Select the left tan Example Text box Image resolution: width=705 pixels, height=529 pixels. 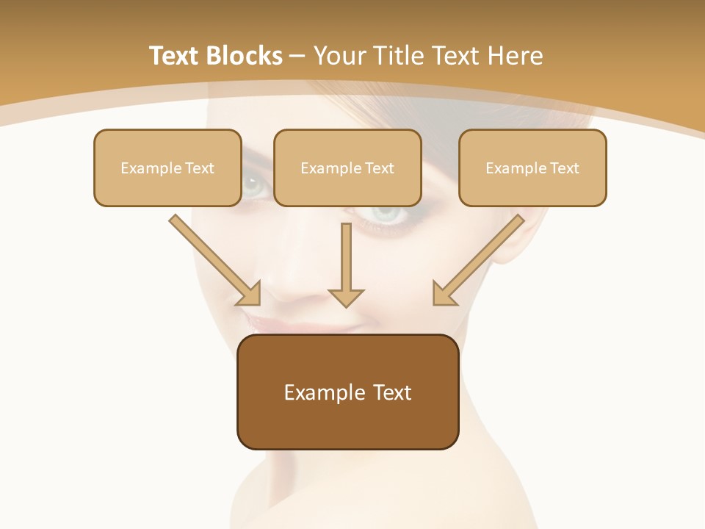pos(167,168)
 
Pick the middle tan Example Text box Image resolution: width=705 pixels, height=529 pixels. pos(347,168)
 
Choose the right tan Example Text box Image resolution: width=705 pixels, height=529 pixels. pos(532,168)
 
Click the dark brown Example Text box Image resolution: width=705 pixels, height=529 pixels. pos(347,392)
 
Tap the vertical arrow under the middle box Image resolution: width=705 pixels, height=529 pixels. pos(346,261)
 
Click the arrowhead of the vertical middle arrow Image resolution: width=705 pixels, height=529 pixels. pos(346,297)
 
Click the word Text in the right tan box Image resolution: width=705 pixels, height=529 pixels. pos(564,168)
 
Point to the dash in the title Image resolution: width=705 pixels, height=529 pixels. pos(297,57)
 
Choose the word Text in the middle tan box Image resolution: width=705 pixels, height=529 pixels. pos(379,168)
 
